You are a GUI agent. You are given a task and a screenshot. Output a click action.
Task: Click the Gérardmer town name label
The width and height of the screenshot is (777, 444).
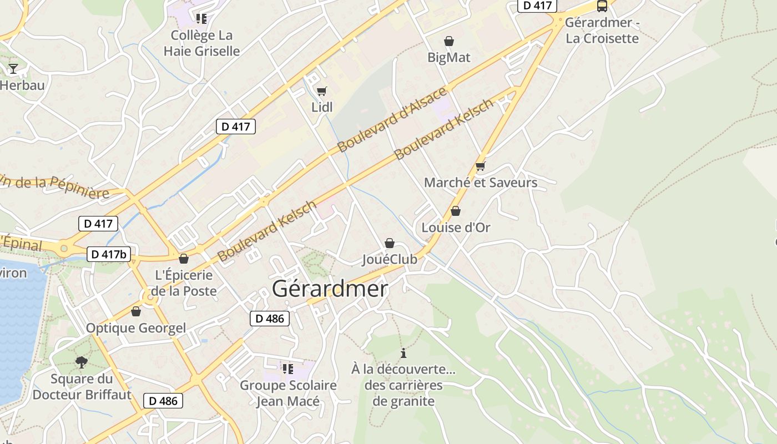click(330, 289)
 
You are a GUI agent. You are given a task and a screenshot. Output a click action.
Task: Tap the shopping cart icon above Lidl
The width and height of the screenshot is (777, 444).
click(322, 91)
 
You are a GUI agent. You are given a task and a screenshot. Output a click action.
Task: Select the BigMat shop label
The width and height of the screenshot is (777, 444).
click(449, 57)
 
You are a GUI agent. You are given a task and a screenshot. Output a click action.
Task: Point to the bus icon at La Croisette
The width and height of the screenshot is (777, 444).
click(602, 6)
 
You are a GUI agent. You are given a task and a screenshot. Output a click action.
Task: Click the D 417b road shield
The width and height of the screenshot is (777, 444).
click(109, 255)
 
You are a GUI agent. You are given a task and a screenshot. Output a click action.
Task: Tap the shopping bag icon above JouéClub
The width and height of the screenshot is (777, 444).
click(390, 243)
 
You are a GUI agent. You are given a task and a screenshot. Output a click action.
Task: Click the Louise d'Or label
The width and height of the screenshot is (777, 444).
click(456, 228)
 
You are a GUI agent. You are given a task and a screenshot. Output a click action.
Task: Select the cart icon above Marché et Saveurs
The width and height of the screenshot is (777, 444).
click(481, 166)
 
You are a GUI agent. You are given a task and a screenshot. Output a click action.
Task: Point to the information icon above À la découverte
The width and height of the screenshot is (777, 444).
click(403, 353)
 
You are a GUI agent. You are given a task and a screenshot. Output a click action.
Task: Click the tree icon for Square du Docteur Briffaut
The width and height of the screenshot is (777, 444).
click(82, 362)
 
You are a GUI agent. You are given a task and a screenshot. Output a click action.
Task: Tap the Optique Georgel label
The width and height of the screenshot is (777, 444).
click(136, 328)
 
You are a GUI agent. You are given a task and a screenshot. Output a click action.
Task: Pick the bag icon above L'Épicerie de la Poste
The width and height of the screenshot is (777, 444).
click(184, 259)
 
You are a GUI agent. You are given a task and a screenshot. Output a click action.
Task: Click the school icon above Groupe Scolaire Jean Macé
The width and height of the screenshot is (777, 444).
click(287, 369)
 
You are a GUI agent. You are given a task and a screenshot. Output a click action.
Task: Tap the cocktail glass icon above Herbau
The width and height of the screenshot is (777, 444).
click(13, 69)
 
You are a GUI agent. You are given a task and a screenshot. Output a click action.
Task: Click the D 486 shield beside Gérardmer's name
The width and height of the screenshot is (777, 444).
click(270, 319)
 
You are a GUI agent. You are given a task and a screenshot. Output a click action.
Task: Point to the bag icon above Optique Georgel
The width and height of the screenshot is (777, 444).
click(136, 311)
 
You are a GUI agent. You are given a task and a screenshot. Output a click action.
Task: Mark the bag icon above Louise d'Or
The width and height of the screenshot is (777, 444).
click(456, 211)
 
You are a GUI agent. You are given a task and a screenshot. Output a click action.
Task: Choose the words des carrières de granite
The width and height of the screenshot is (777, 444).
click(403, 393)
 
